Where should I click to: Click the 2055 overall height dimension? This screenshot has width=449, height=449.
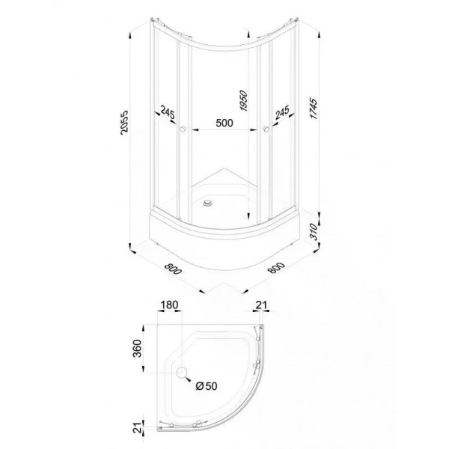point(124,122)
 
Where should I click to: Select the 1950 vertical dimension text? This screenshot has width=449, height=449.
point(243,100)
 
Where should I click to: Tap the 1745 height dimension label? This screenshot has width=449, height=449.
point(314,109)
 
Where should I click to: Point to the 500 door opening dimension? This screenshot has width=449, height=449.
point(224,123)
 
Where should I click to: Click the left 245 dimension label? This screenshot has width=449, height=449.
point(167,112)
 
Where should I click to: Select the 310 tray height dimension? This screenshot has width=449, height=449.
point(314,232)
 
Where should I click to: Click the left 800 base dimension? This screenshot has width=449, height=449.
point(173,269)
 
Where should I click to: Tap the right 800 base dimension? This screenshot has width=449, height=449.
point(276,268)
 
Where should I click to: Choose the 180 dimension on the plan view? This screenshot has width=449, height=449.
point(169,305)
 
